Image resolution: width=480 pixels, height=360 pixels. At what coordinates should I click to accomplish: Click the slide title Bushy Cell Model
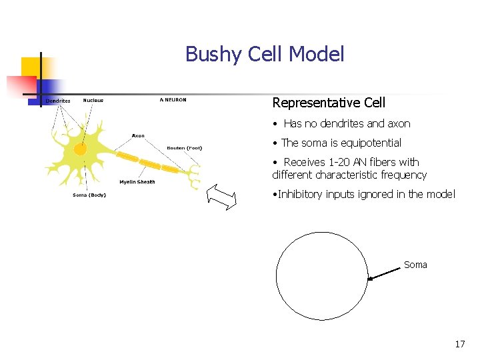[265, 54]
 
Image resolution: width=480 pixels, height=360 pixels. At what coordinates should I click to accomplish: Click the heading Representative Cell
[329, 103]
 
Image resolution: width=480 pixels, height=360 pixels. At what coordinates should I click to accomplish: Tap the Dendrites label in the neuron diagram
[58, 101]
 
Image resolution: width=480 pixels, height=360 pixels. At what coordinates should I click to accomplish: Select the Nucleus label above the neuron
[93, 101]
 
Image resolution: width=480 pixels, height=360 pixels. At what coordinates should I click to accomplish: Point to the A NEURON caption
[173, 100]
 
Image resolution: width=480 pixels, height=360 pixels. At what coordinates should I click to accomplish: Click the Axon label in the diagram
[138, 136]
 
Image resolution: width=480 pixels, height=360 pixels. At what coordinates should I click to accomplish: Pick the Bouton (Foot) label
[184, 148]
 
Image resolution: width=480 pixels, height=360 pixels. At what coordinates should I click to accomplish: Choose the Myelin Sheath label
[137, 182]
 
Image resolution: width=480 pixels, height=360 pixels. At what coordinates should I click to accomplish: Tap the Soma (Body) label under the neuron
[89, 195]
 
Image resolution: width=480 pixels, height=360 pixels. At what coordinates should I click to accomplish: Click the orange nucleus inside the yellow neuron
[80, 149]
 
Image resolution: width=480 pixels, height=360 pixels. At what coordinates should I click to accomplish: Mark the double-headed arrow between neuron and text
[222, 197]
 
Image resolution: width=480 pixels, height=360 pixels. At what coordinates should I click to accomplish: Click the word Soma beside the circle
[415, 265]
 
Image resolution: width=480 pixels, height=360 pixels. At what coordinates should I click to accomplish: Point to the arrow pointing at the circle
[385, 273]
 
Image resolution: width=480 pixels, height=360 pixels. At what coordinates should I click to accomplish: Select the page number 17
[459, 344]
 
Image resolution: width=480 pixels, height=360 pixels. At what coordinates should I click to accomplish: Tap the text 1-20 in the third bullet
[340, 162]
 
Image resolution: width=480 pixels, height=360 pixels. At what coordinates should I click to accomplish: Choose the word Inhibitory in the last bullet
[300, 194]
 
